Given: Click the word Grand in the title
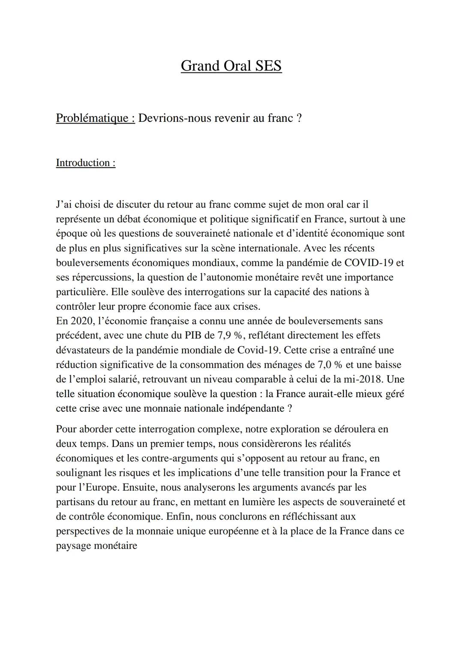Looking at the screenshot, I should tap(199, 66).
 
